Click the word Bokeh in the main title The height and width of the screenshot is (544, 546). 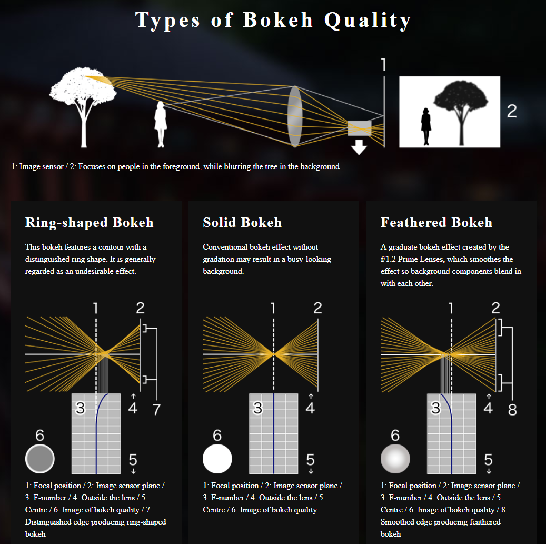[x=278, y=20]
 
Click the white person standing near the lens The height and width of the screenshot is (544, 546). [x=161, y=124]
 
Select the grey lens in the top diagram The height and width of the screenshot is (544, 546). [x=295, y=116]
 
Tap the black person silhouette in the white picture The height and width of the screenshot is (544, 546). [x=426, y=126]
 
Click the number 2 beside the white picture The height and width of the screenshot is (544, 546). [x=512, y=112]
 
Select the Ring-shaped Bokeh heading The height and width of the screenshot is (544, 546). [x=89, y=223]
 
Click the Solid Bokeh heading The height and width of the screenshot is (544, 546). [x=242, y=222]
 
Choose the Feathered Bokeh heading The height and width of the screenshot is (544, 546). [x=436, y=222]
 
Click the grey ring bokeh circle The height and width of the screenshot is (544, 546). [x=40, y=458]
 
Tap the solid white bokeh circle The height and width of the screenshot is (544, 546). [x=217, y=459]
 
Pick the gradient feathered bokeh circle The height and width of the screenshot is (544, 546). [x=395, y=459]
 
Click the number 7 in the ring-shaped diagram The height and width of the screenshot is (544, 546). [x=157, y=409]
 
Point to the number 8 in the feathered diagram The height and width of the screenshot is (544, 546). [x=512, y=410]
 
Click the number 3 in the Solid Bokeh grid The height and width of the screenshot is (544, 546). [x=257, y=408]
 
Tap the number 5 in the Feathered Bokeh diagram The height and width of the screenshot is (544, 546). [x=488, y=460]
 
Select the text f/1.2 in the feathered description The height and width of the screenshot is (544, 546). [x=388, y=259]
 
